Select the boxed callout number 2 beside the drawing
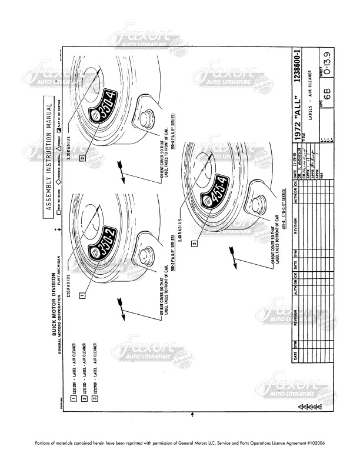point(84,157)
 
